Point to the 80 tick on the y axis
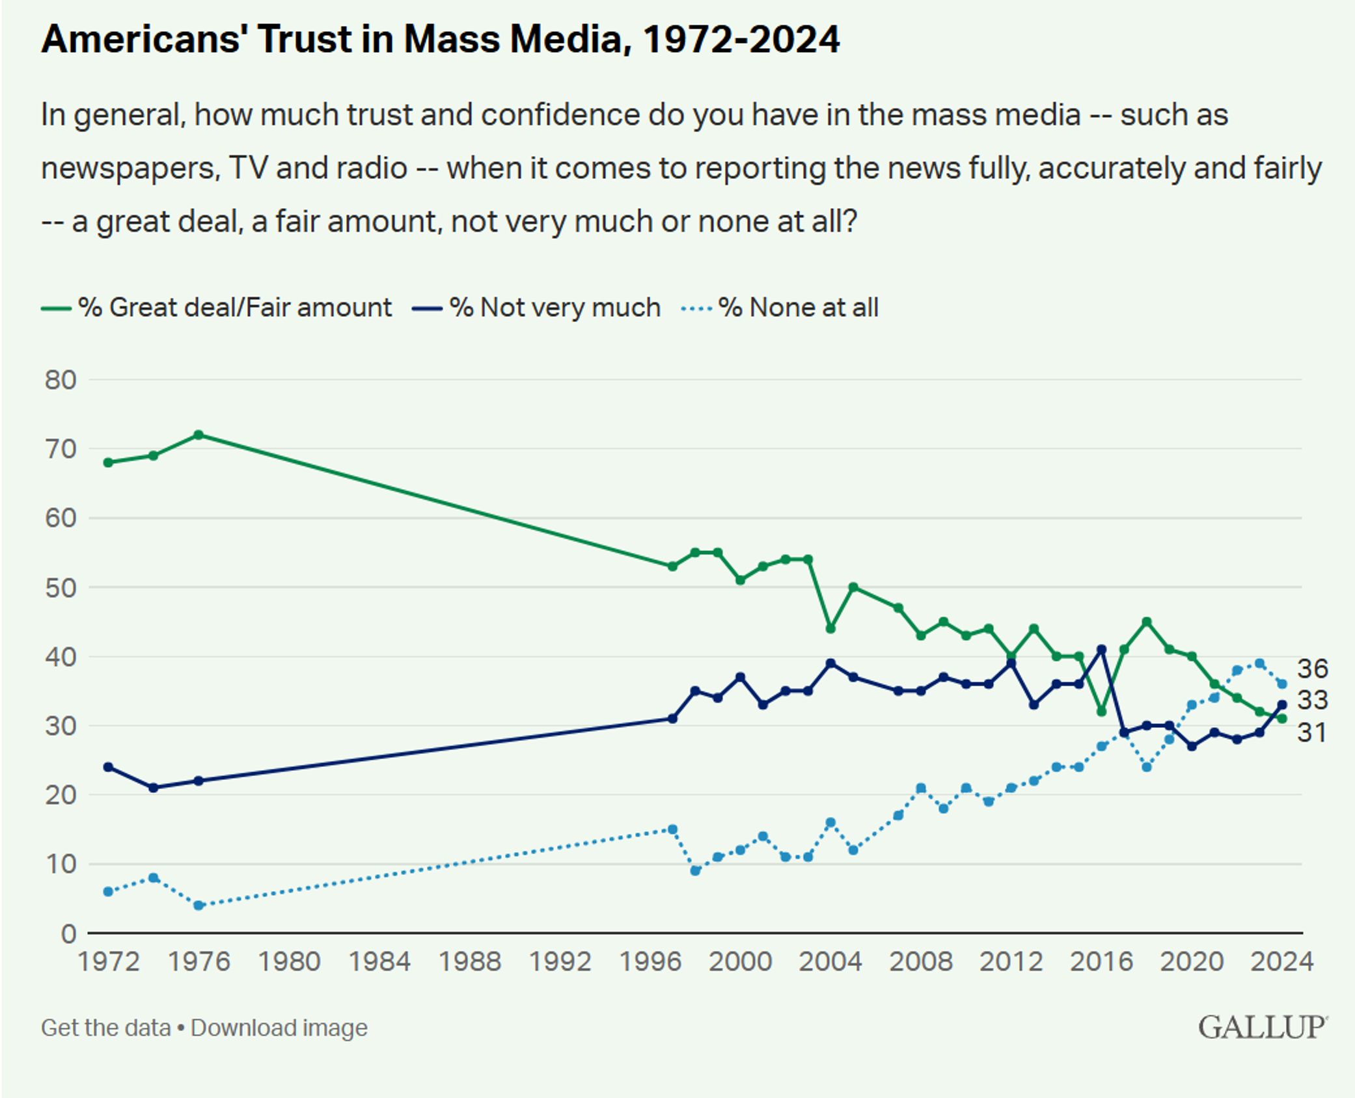pyautogui.click(x=61, y=380)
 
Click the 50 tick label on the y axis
pyautogui.click(x=61, y=587)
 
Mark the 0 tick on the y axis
pyautogui.click(x=68, y=934)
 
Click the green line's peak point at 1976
pyautogui.click(x=198, y=435)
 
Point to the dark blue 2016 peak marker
pyautogui.click(x=1101, y=649)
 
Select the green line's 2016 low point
pyautogui.click(x=1101, y=712)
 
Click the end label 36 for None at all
pyautogui.click(x=1312, y=669)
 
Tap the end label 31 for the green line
pyautogui.click(x=1312, y=733)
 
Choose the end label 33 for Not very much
pyautogui.click(x=1312, y=701)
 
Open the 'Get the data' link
pyautogui.click(x=105, y=1028)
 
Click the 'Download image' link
pyautogui.click(x=279, y=1028)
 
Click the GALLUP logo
pyautogui.click(x=1262, y=1028)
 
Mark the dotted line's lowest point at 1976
pyautogui.click(x=198, y=905)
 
